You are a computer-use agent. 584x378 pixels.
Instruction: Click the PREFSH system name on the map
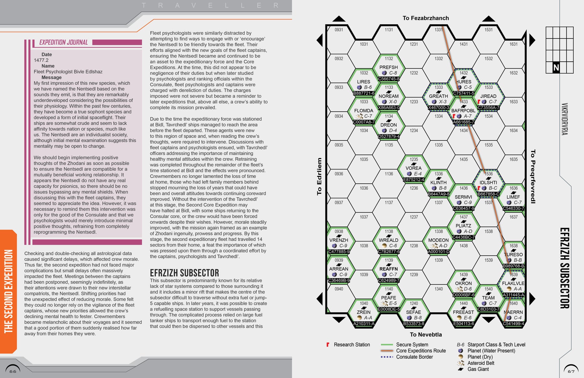pos(388,67)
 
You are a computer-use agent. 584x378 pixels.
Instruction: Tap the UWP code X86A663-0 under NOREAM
pos(389,107)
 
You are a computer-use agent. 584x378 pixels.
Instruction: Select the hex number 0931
pos(339,30)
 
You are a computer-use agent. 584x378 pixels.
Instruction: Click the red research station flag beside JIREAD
pos(479,102)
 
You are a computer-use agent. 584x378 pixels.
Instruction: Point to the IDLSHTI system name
pos(488,182)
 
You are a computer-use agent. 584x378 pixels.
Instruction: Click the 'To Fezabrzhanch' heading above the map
pos(426,18)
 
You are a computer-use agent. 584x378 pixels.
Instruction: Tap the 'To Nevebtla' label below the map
pos(426,335)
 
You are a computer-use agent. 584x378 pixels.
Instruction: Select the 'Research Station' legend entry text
pos(352,345)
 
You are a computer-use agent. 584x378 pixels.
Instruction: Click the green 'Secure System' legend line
pos(387,345)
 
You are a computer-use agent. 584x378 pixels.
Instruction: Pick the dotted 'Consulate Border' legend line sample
pos(387,357)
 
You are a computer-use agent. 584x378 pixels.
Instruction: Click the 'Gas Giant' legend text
pos(478,369)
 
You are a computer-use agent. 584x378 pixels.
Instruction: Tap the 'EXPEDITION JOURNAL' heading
pos(64,43)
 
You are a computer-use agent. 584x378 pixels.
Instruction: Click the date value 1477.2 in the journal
pos(41,60)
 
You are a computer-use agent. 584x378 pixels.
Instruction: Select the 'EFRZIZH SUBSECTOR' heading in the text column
pos(184,273)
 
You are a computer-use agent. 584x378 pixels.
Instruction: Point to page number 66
pos(13,371)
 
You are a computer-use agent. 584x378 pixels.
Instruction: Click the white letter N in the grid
pos(556,67)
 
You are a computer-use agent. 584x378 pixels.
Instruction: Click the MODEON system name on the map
pos(438,240)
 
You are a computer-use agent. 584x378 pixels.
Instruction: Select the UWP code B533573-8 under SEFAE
pos(414,323)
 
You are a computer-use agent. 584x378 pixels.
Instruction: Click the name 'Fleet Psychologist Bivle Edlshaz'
pos(68,72)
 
